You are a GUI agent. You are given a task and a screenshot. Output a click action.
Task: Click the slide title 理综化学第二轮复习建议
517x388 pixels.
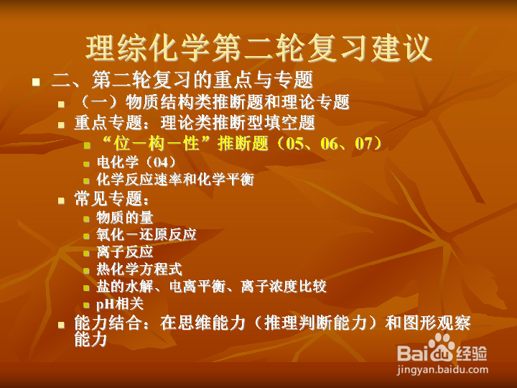(x=258, y=47)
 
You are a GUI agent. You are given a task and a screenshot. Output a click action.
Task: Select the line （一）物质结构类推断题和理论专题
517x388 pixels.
(x=212, y=102)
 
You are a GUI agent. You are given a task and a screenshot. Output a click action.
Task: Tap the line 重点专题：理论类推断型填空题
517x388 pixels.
(x=195, y=123)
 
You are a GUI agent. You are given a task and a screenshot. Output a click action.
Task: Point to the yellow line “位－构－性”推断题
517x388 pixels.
(x=241, y=144)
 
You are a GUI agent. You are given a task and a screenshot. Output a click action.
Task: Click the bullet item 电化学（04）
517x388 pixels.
(x=136, y=162)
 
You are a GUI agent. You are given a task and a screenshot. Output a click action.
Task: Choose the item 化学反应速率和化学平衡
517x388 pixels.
(x=175, y=180)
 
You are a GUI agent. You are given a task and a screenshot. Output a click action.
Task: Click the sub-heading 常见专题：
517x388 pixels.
(x=113, y=199)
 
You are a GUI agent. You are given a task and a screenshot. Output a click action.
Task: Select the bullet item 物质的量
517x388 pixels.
(x=125, y=217)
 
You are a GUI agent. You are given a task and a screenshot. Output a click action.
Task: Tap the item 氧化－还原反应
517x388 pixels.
(x=146, y=235)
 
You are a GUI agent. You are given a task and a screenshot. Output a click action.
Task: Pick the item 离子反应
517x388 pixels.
(x=125, y=252)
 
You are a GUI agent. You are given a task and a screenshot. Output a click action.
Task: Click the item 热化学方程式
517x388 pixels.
(x=139, y=269)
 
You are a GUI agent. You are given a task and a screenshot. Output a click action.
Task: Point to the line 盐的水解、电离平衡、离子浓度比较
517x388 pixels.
(x=211, y=287)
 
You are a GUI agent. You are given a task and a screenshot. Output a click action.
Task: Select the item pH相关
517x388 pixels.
(x=120, y=304)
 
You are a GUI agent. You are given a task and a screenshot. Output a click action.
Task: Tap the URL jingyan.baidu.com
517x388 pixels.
(x=442, y=371)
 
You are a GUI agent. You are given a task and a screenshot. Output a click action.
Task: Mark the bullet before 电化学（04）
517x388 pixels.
(x=87, y=163)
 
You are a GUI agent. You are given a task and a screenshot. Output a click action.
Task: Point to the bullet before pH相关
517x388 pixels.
(x=87, y=305)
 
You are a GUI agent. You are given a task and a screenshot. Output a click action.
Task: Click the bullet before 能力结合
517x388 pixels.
(x=62, y=325)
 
